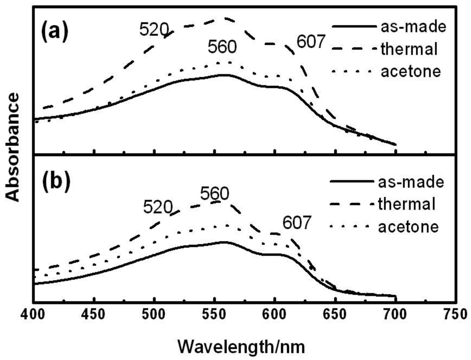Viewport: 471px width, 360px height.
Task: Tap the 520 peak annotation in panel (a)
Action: point(154,30)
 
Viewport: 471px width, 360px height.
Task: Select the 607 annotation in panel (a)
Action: point(311,43)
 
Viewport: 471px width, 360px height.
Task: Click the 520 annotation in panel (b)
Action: point(158,206)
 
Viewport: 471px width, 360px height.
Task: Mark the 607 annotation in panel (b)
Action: point(297,223)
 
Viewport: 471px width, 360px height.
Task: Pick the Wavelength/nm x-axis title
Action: point(241,347)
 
